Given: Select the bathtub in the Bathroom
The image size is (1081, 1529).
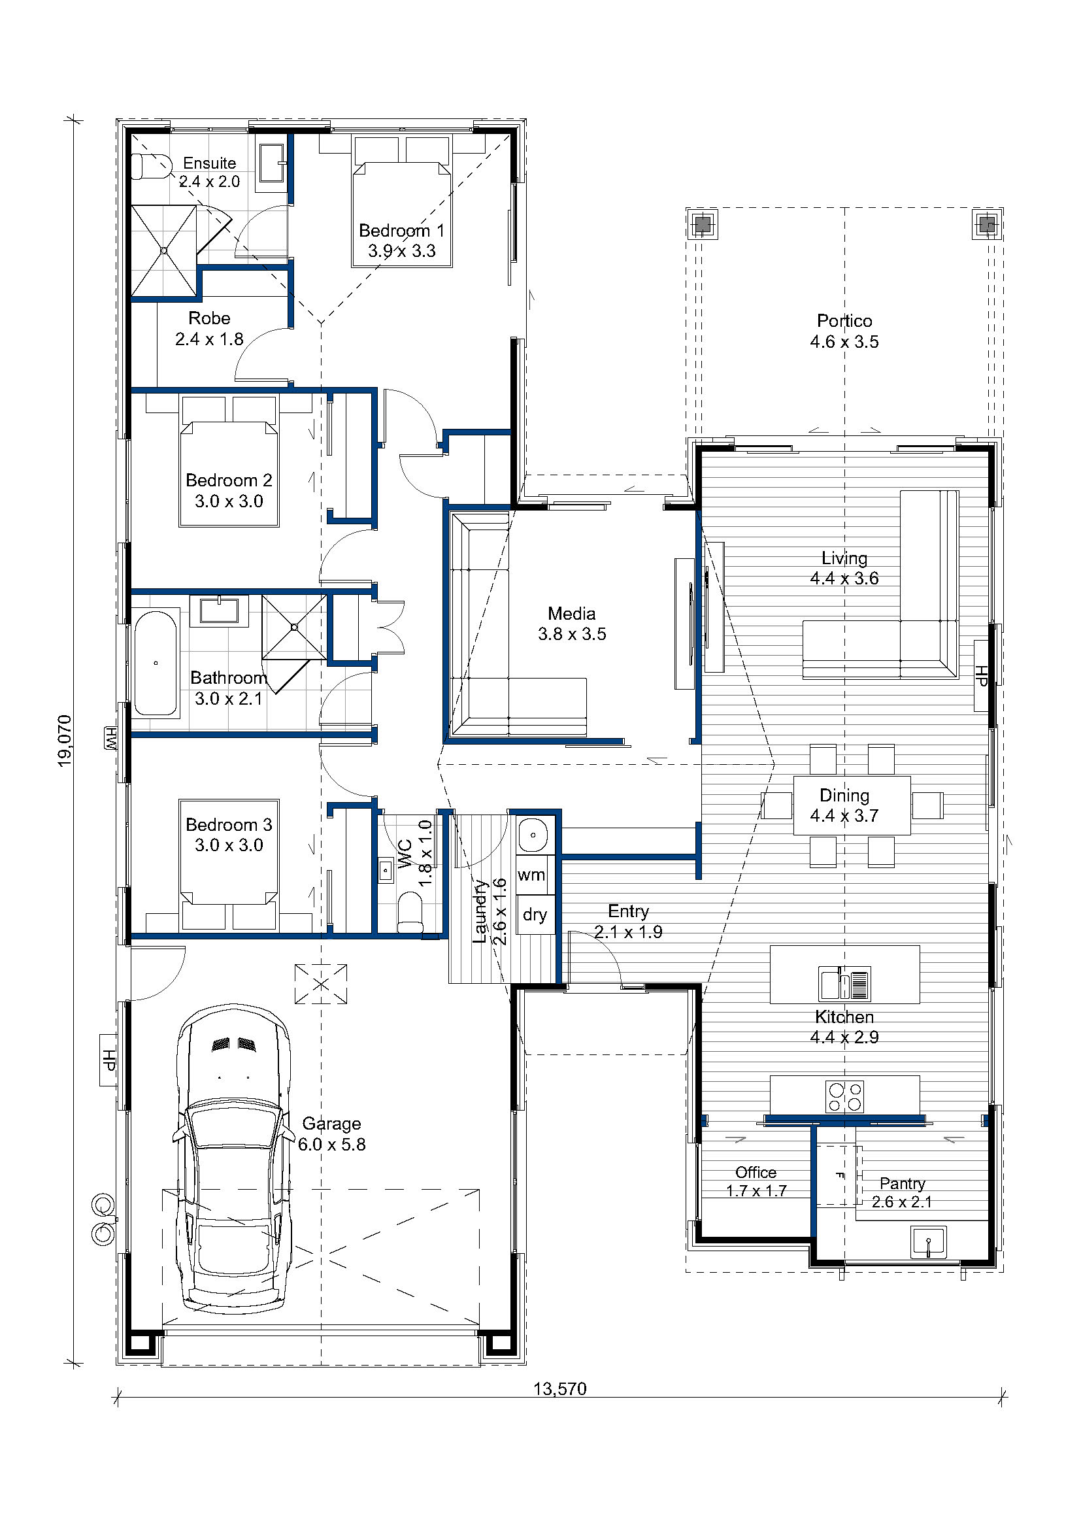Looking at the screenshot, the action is pos(155,663).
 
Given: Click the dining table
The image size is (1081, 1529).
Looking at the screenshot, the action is pos(852,805).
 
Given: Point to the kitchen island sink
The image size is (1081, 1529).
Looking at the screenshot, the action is pos(844,984).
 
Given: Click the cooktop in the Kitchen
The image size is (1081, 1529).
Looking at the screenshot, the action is pos(844,1097).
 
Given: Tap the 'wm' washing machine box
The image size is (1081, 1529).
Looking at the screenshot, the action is pos(531,875).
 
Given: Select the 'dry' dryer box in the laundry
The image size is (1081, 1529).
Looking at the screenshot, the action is pos(535,915).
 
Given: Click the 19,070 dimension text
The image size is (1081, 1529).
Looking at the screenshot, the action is pos(65,741).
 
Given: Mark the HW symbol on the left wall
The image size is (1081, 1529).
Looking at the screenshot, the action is pos(110,738).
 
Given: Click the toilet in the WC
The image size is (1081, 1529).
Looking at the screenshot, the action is pos(409,913).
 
